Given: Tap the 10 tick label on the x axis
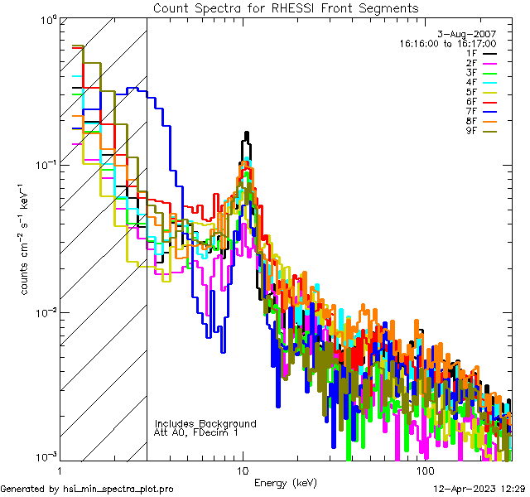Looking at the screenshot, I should click(x=243, y=470).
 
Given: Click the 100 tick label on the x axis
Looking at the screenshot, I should click(x=424, y=470).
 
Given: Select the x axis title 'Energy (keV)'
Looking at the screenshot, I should click(x=285, y=482).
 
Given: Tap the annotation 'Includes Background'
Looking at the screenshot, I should click(x=205, y=423).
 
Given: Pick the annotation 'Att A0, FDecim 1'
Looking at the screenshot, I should click(x=196, y=432).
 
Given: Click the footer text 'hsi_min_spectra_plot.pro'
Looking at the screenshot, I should click(x=118, y=489).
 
